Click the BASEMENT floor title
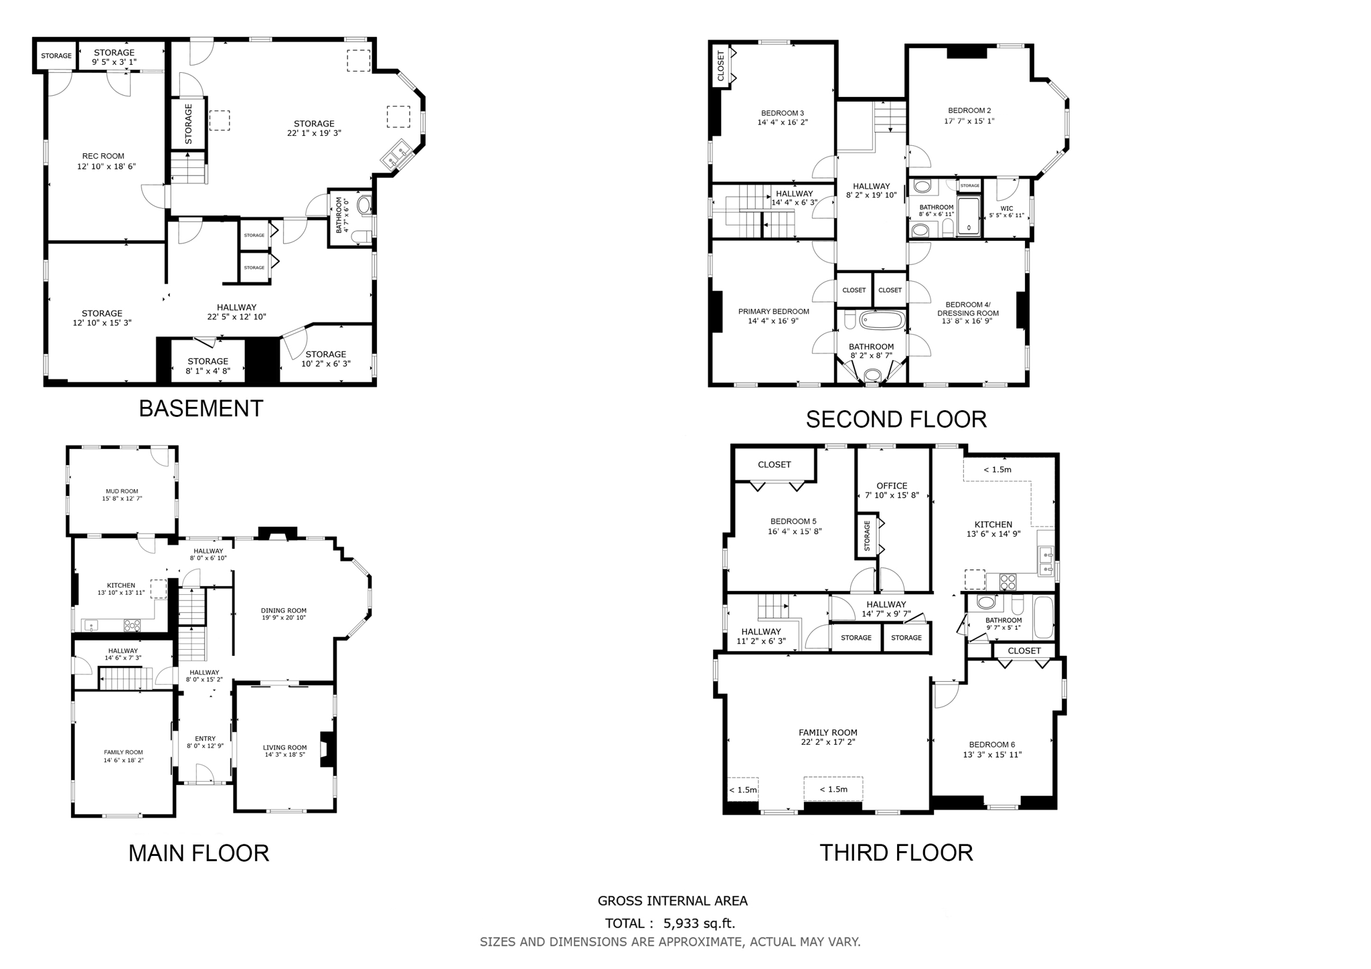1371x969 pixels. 201,408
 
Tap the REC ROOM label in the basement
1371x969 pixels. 103,157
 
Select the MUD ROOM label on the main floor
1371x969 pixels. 122,491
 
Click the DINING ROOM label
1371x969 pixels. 284,610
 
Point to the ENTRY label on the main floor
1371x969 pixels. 205,739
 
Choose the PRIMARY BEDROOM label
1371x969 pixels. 773,312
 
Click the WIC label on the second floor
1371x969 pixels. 1006,208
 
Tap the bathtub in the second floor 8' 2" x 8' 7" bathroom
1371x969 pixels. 882,321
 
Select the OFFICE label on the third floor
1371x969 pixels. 892,486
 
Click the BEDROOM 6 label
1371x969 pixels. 991,745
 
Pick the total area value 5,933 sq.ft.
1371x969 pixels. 699,924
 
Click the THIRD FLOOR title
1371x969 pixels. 896,853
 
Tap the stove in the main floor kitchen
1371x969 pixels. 132,626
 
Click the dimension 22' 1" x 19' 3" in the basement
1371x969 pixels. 314,133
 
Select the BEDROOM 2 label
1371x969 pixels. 969,110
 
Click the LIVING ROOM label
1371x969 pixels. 285,747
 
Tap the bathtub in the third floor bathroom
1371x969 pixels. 1043,617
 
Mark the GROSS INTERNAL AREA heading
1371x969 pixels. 672,901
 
